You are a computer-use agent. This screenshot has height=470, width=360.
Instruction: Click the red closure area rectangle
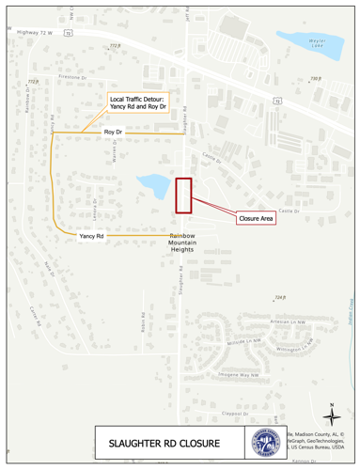point(183,194)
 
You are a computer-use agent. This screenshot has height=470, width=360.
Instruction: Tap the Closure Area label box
point(255,218)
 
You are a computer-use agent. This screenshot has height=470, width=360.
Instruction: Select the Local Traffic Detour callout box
point(138,102)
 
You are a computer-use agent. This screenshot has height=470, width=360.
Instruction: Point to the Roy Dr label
point(113,134)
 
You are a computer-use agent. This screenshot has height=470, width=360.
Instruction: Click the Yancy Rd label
point(91,237)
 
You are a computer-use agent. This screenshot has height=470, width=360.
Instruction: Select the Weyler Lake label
point(319,42)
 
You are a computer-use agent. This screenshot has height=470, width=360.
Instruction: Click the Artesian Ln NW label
point(289,321)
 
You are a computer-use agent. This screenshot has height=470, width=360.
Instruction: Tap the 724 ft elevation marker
point(279,298)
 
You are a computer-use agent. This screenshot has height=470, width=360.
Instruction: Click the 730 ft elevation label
point(315,80)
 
